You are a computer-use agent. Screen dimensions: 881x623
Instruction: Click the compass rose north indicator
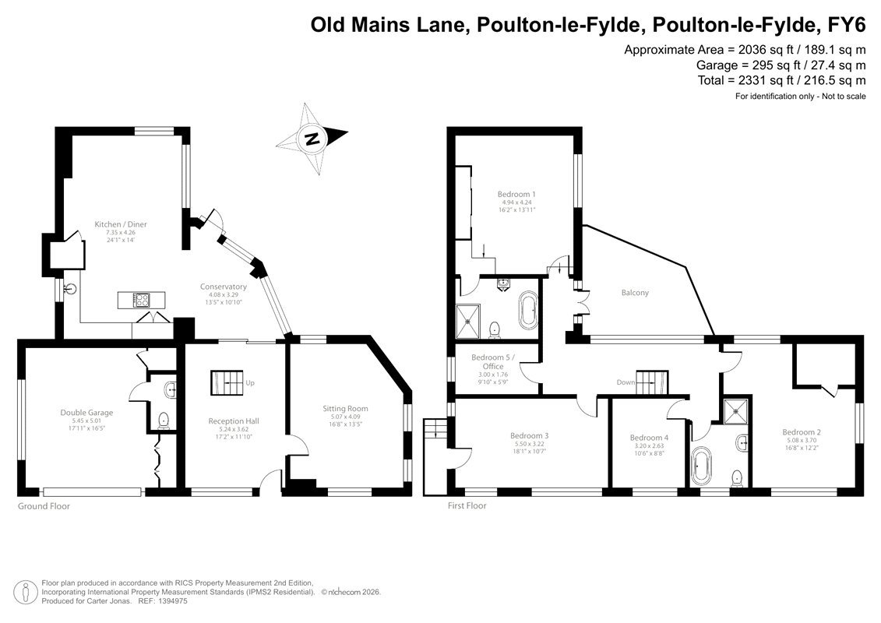(x=312, y=138)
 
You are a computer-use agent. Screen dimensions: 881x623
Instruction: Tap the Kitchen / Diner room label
(x=120, y=224)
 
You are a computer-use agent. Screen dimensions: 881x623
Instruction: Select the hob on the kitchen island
(x=142, y=301)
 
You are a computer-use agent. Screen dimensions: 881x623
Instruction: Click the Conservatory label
(x=223, y=287)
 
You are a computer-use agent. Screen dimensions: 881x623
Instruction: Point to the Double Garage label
(x=86, y=412)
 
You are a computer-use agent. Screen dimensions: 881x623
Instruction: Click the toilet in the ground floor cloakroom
(x=164, y=420)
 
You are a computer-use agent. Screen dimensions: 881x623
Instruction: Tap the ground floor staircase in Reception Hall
(x=227, y=382)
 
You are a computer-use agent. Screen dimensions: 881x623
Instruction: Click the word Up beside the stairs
(x=250, y=383)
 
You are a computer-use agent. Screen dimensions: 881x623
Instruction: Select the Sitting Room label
(x=345, y=408)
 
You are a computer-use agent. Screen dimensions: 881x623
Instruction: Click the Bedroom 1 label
(x=516, y=195)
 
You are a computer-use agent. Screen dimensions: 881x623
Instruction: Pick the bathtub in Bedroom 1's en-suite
(x=528, y=309)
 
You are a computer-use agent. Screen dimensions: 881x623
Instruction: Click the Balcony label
(x=635, y=293)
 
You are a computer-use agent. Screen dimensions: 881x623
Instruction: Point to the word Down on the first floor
(x=626, y=382)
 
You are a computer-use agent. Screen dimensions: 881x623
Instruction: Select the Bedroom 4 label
(x=649, y=438)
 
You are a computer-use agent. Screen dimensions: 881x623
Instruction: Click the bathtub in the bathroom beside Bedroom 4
(x=700, y=466)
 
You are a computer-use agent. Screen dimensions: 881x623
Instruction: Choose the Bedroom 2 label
(x=802, y=432)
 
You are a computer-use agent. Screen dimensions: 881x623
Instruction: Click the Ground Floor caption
(x=44, y=506)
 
